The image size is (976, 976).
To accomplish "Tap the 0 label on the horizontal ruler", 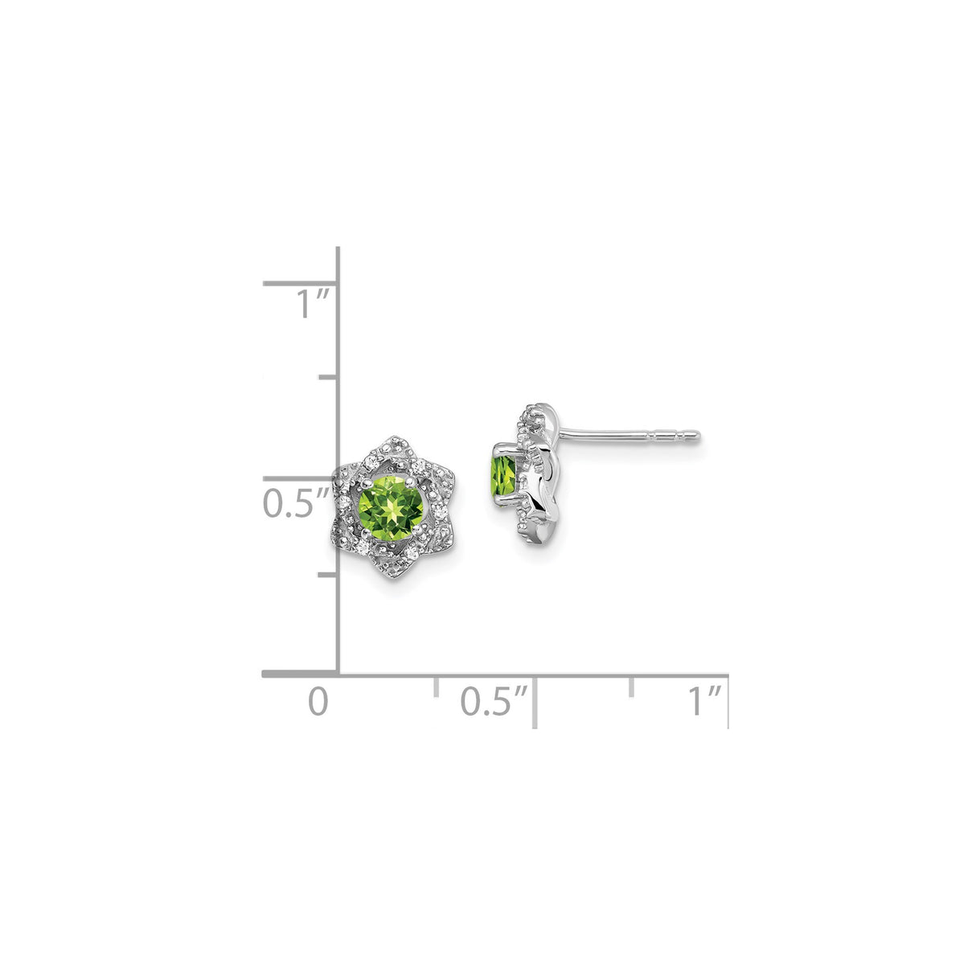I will click(x=319, y=701).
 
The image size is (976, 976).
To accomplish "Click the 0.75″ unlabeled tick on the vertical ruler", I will click(x=327, y=376).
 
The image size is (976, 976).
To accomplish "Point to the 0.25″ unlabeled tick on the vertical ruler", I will click(x=327, y=574).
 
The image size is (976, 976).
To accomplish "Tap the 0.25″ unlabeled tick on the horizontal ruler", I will click(x=436, y=686).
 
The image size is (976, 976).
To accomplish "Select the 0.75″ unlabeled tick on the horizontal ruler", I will click(x=632, y=686).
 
